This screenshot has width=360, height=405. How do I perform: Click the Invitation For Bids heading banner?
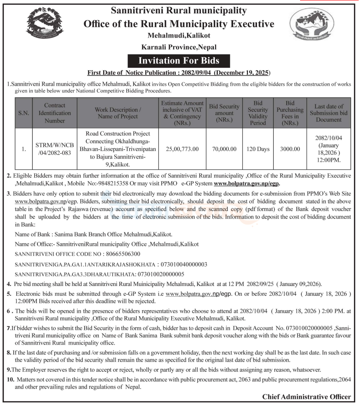pyautogui.click(x=178, y=60)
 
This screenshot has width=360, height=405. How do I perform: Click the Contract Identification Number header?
pyautogui.click(x=55, y=113)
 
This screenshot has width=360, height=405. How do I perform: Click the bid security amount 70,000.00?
pyautogui.click(x=224, y=149)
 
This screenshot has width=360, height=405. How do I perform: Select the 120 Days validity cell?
pyautogui.click(x=258, y=149)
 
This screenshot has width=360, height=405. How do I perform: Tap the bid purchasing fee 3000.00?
pyautogui.click(x=290, y=149)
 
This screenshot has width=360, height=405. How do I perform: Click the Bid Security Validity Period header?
pyautogui.click(x=258, y=113)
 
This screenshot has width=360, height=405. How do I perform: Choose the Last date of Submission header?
pyautogui.click(x=329, y=113)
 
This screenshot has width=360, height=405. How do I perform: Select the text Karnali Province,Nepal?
pyautogui.click(x=178, y=47)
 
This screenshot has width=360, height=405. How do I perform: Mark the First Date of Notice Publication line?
pyautogui.click(x=178, y=72)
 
